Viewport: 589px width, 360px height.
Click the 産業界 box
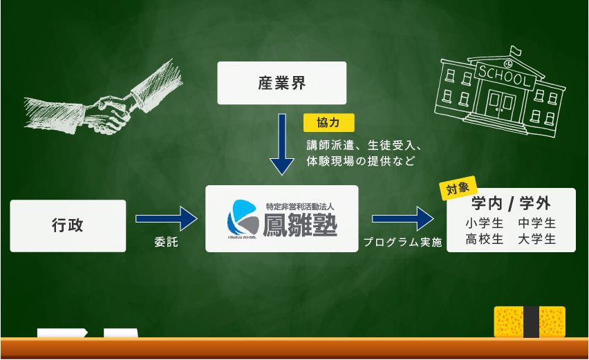coord(282,83)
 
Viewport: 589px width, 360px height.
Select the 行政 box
coord(68,226)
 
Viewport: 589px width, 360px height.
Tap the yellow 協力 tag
coord(328,123)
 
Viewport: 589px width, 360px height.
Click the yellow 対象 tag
coord(458,188)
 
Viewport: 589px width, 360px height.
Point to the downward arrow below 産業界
coord(282,144)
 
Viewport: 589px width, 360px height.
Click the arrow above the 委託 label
coord(167,218)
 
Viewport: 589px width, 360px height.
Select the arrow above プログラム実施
coord(402,218)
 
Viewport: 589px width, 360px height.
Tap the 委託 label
coord(166,242)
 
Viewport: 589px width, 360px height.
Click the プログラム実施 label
coord(402,242)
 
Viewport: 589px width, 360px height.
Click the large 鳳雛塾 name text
coord(300,225)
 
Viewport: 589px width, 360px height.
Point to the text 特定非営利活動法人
coord(300,207)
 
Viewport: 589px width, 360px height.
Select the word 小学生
coord(484,223)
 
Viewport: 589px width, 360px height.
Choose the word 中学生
coord(536,223)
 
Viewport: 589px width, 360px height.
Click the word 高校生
coord(484,239)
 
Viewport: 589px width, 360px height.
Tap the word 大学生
coord(536,239)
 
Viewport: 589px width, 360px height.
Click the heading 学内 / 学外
coord(511,204)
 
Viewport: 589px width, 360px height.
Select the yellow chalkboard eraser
coord(530,322)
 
